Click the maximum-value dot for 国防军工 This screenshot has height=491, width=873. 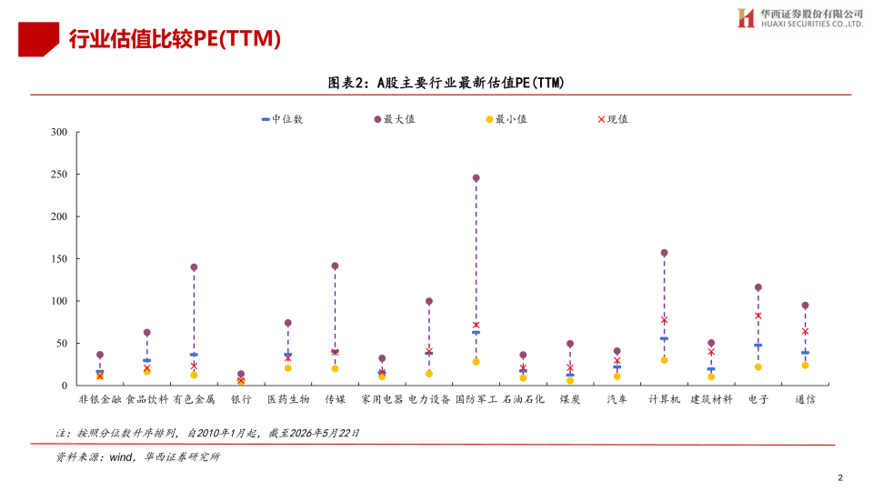476,178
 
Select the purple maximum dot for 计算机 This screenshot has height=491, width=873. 664,253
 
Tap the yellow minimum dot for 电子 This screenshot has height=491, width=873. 758,366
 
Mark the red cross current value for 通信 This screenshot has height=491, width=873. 805,331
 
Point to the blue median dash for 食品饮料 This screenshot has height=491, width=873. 147,361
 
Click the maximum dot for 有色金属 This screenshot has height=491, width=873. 194,267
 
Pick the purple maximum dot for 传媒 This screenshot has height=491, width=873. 336,266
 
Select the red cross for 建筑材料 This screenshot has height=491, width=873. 711,352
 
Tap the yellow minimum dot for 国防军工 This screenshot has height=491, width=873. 476,362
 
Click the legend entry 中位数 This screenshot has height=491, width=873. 282,119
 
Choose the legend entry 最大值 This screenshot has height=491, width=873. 395,119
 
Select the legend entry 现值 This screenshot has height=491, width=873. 612,119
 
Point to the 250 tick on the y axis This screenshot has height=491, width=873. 76,175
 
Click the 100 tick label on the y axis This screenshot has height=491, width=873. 59,301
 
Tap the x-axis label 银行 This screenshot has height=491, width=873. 241,399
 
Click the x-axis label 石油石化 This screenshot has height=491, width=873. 524,399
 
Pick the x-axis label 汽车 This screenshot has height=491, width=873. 617,399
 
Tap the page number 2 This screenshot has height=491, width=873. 840,477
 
